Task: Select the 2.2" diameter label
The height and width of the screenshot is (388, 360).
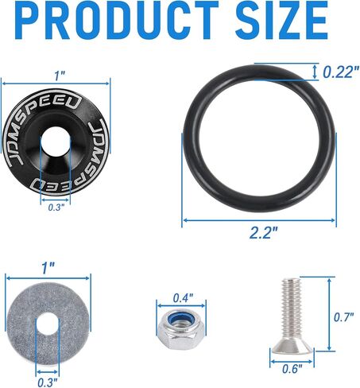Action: [x=264, y=233]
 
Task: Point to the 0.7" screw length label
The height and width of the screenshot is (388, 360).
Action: [x=344, y=317]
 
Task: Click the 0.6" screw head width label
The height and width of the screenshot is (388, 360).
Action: [x=292, y=369]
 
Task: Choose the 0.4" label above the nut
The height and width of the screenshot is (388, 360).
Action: [x=183, y=298]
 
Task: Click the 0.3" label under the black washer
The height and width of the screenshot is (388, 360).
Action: [x=56, y=208]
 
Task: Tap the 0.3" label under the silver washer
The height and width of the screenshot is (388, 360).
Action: [x=48, y=382]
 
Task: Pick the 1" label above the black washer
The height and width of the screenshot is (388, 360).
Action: [x=60, y=76]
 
